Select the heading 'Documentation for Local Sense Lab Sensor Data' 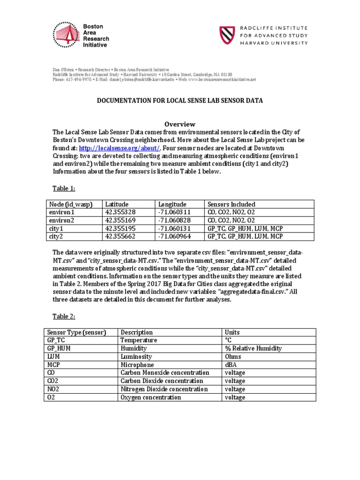(180, 100)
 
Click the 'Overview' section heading (180, 124)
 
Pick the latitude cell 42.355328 (121, 212)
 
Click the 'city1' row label (56, 228)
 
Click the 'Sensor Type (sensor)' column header (75, 332)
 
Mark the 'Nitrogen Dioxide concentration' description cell (164, 389)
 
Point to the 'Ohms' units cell (233, 357)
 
